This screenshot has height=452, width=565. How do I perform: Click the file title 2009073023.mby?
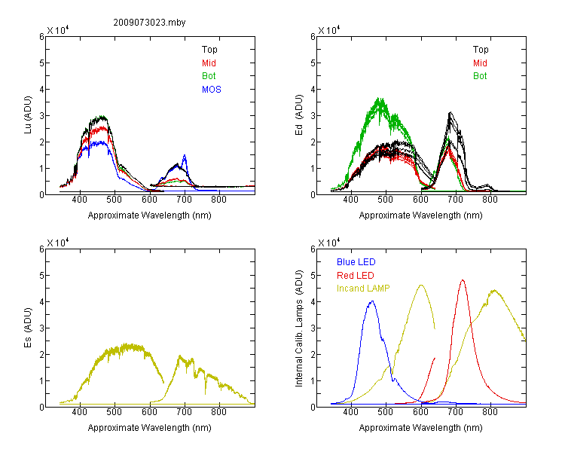149,23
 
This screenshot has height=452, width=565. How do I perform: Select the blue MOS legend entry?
211,90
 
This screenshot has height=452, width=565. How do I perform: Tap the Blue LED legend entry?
356,261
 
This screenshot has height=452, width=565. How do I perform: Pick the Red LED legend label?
356,276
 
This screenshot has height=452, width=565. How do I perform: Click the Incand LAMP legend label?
363,289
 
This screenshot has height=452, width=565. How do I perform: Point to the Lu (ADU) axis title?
28,115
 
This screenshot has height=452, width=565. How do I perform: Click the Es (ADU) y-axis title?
28,327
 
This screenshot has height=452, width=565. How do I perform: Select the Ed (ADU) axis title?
299,115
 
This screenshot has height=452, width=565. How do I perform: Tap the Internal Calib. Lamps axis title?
299,328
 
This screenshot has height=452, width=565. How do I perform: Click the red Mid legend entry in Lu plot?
209,63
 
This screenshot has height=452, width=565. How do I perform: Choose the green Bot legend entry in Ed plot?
480,76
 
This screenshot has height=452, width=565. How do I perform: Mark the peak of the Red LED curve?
463,280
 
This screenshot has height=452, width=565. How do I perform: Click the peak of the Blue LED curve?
372,301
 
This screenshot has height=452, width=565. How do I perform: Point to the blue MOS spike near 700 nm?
185,155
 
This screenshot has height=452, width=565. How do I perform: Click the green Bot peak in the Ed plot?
379,98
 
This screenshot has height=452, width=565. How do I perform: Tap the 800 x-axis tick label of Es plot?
218,412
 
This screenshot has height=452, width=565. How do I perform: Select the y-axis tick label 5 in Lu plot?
41,63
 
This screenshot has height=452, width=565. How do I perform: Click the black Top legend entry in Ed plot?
481,50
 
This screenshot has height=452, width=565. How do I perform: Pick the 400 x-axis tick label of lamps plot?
350,412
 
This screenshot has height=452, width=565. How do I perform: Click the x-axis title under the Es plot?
150,428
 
